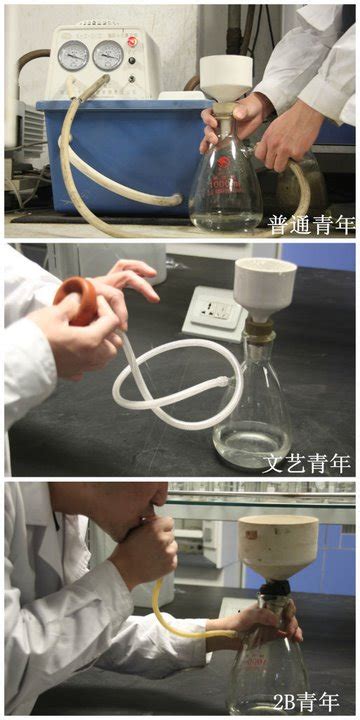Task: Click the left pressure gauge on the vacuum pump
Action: click(x=73, y=56)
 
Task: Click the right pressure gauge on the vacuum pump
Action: click(x=108, y=55)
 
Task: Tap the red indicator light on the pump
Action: click(x=133, y=41)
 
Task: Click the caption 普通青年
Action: click(x=311, y=225)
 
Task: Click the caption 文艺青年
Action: click(x=307, y=464)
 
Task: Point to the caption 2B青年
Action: click(x=307, y=702)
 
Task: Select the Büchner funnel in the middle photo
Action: click(x=265, y=288)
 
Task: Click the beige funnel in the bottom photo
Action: click(x=278, y=547)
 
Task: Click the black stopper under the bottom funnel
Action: click(x=275, y=588)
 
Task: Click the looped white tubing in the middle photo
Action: click(x=174, y=381)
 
